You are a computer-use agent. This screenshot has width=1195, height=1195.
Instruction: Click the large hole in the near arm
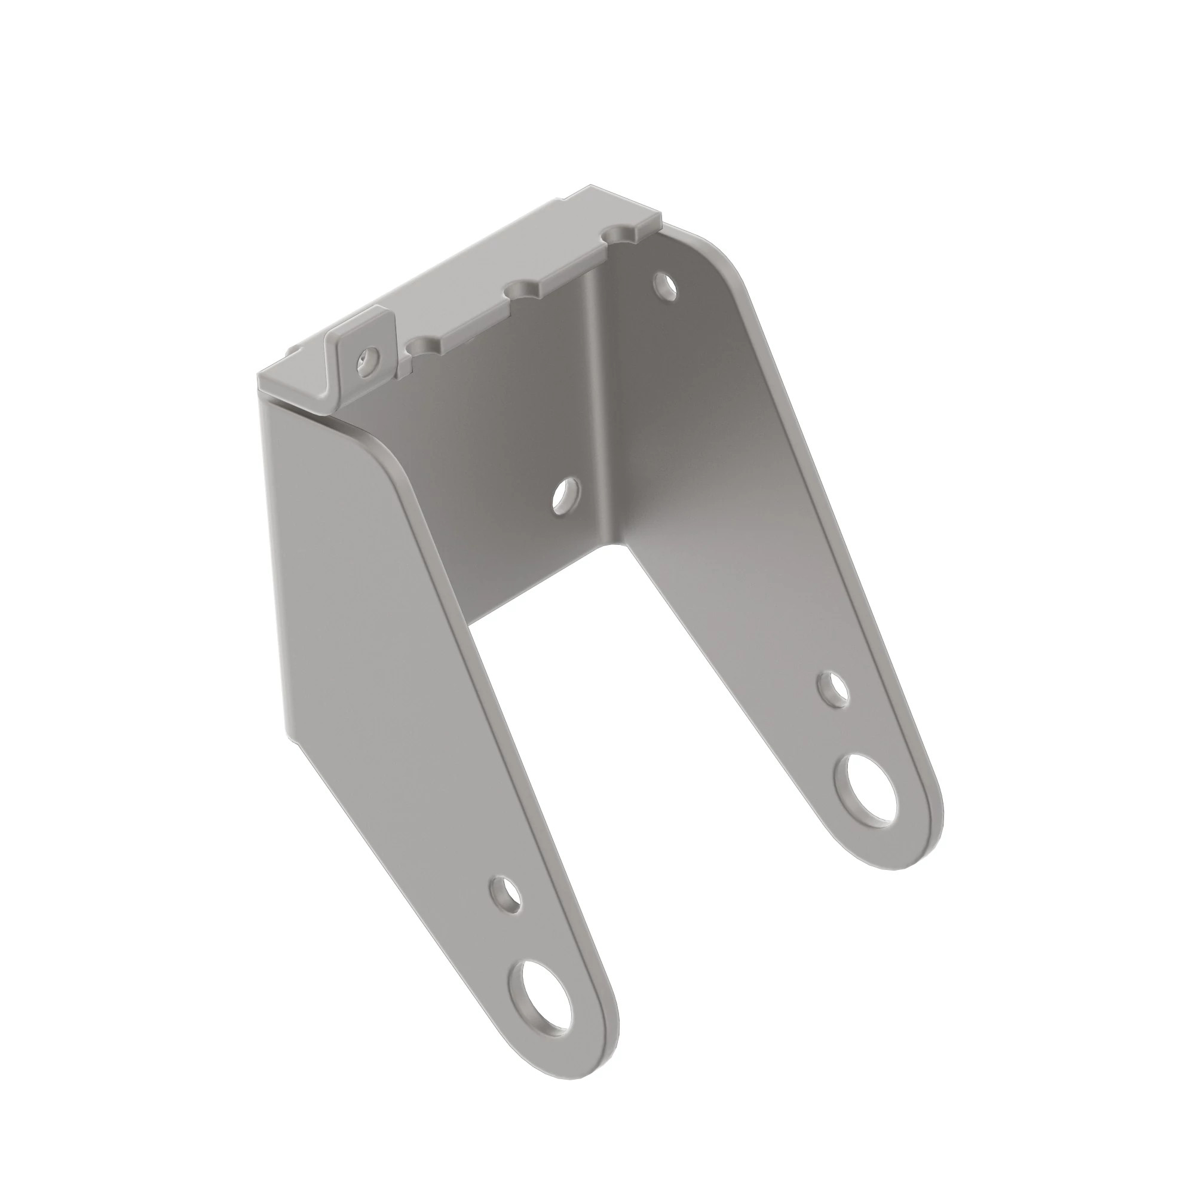pos(539,999)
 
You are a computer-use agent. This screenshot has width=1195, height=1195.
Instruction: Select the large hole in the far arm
pos(865,794)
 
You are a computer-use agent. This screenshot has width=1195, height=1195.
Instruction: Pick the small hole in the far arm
pos(833,688)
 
